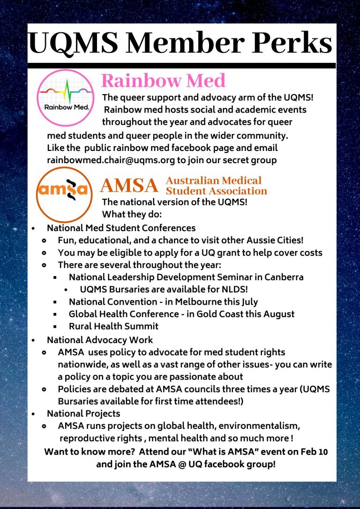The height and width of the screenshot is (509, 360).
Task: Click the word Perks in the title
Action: coord(292,44)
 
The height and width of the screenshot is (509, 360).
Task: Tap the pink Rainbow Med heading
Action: coord(163,81)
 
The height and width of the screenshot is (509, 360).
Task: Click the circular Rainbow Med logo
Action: coord(66,98)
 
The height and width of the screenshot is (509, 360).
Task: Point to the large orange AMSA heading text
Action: coord(129,186)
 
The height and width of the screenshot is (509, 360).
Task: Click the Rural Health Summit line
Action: coord(113,326)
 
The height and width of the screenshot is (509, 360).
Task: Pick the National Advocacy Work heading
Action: coord(100,340)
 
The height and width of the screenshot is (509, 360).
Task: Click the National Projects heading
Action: coord(83,413)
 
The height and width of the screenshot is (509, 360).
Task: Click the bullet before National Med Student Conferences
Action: coord(33,229)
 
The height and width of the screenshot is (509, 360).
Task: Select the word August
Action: coord(278,314)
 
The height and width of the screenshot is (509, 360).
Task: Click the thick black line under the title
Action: coord(181,66)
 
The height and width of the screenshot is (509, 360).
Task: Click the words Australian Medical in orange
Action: coord(214,180)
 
